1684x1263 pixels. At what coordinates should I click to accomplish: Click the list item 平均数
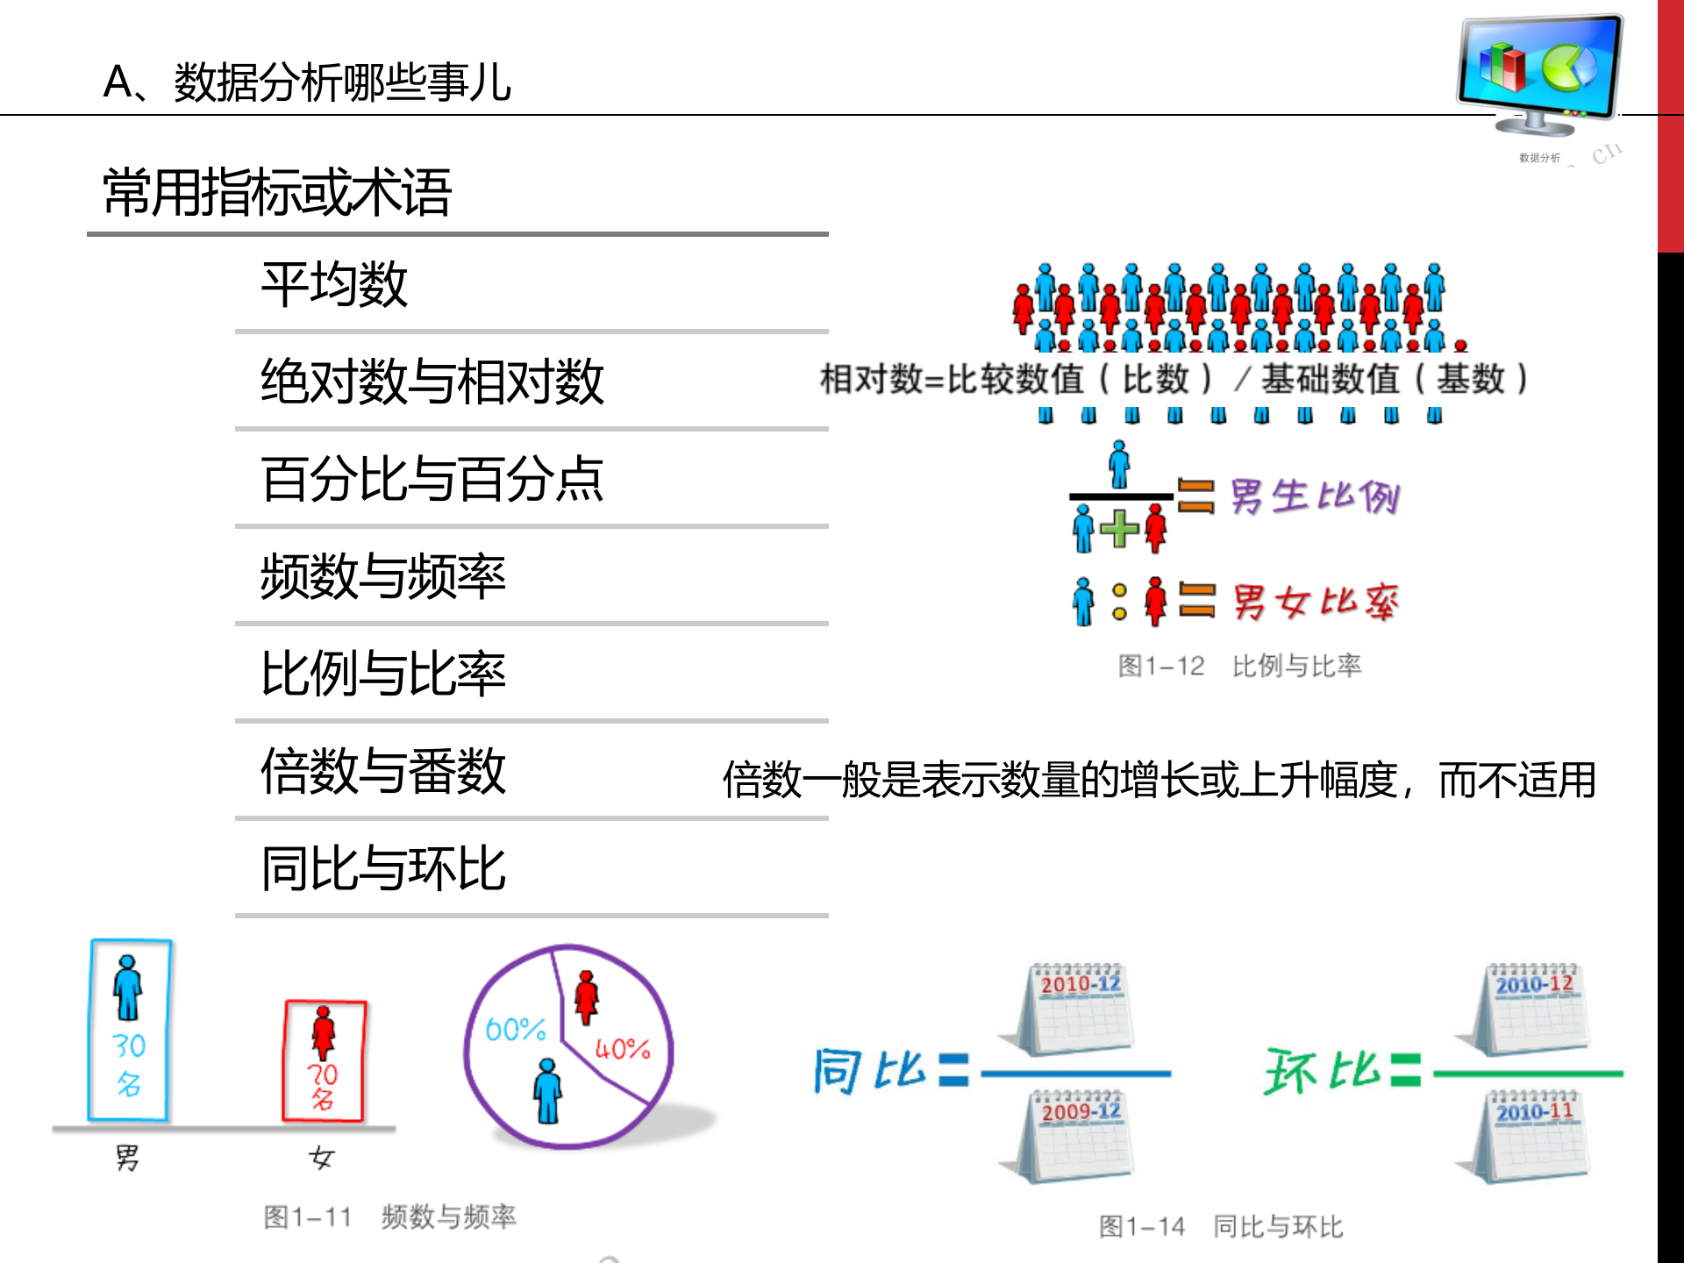click(x=334, y=285)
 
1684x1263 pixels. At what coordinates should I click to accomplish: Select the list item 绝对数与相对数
click(x=432, y=382)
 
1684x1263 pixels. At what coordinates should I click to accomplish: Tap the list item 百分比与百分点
click(x=432, y=480)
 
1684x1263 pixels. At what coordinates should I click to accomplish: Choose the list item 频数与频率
click(x=383, y=577)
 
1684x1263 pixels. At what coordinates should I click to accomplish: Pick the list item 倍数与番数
click(x=383, y=772)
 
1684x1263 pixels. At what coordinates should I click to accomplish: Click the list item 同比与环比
click(x=383, y=869)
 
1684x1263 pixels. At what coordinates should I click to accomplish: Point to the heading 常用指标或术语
click(x=277, y=193)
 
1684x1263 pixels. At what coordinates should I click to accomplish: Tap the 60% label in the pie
click(x=515, y=1029)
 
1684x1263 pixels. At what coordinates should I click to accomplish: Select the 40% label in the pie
click(x=623, y=1049)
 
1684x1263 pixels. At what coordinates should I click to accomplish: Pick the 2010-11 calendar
click(x=1533, y=1136)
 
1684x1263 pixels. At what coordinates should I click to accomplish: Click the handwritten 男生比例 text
click(x=1314, y=497)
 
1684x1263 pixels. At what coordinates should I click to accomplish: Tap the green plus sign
click(x=1119, y=529)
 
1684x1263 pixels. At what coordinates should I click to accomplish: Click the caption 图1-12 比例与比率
click(x=1239, y=667)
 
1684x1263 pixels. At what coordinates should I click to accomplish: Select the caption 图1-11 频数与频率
click(x=389, y=1217)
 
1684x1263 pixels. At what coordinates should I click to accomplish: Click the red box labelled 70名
click(x=324, y=1061)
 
